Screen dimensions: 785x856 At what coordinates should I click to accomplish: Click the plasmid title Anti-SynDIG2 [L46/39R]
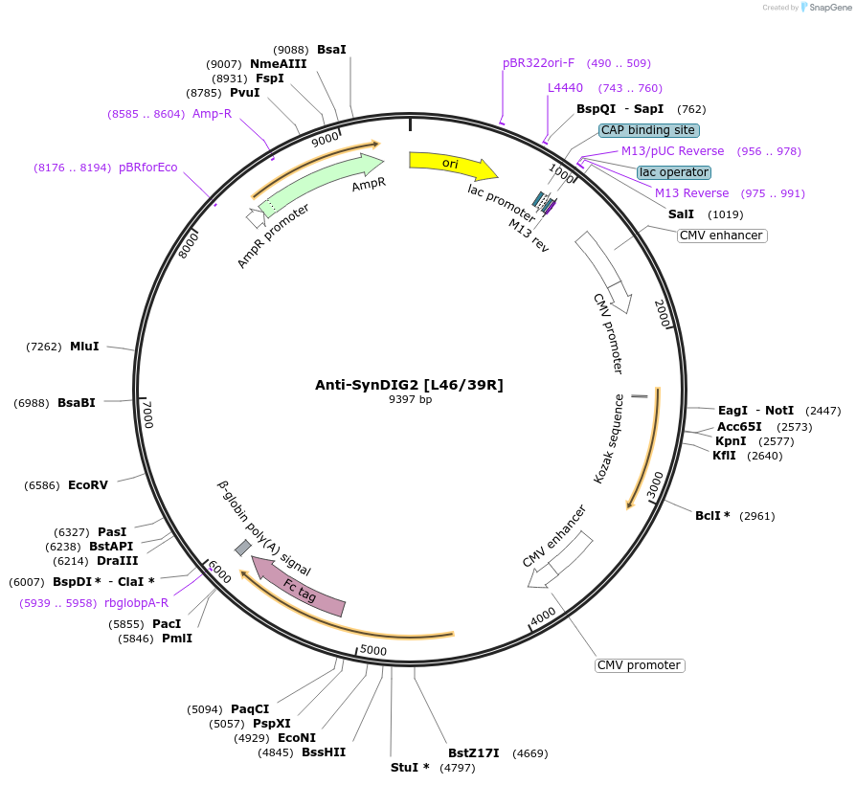click(x=409, y=385)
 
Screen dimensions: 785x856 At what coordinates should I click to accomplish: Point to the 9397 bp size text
click(x=409, y=399)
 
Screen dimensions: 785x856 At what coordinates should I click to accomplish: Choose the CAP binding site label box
click(x=648, y=130)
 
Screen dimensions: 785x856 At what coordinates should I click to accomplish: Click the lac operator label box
click(x=674, y=172)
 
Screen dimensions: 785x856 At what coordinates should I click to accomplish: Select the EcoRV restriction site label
click(x=88, y=485)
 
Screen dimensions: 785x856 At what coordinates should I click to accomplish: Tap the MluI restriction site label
click(x=84, y=347)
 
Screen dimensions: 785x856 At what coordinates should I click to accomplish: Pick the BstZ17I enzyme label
click(x=474, y=753)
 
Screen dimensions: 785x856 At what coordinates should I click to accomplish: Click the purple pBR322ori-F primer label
click(x=538, y=63)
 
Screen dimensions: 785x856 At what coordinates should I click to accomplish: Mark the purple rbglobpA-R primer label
click(x=136, y=603)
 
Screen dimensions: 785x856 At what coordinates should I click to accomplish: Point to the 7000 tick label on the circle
click(x=146, y=415)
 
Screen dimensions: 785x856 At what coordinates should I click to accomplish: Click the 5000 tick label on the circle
click(x=372, y=651)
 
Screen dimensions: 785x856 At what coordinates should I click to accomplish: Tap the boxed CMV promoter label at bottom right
click(x=639, y=665)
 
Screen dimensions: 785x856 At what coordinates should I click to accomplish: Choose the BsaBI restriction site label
click(x=77, y=403)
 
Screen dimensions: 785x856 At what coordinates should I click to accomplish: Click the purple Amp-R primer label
click(x=212, y=113)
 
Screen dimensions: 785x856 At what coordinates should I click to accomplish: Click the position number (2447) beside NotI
click(x=822, y=411)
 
